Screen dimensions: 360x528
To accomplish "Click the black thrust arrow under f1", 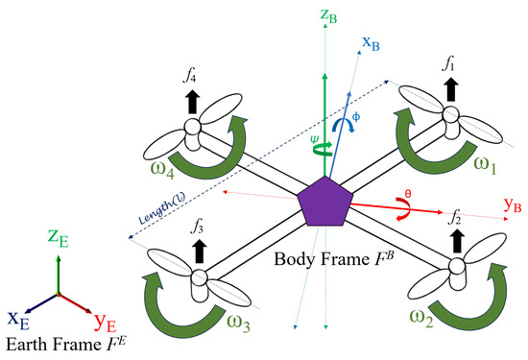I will pyautogui.click(x=450, y=91).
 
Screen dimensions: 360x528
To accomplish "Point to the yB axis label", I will pyautogui.click(x=514, y=204).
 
